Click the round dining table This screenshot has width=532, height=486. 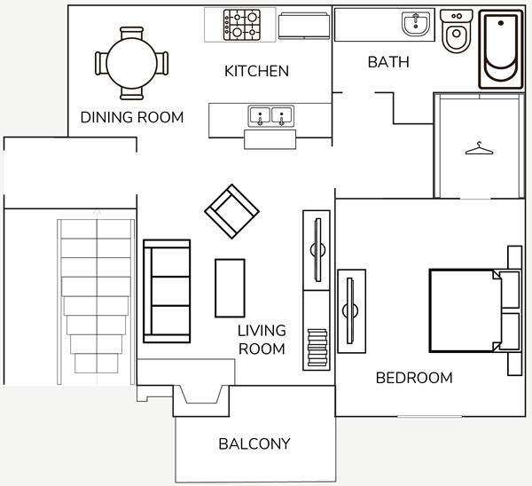pos(131,63)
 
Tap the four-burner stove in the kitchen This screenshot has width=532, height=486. pos(242,25)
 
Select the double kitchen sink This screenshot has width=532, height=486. pos(270,116)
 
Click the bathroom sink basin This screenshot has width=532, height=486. pos(416,24)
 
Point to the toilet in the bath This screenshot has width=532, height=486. pos(457,31)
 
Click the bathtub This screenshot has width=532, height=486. pos(501,50)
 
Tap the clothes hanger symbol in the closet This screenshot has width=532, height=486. pos(479,148)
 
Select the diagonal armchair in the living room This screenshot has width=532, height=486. pos(231,211)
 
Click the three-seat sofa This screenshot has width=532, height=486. pos(167,291)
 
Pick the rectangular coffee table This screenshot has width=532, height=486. pos(230,288)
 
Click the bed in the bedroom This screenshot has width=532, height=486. pos(475,310)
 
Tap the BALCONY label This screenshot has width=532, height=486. pos(254,444)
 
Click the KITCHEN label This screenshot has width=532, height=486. pos(256,71)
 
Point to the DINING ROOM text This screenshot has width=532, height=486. pos(132,117)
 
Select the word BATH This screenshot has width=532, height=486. pos(388,62)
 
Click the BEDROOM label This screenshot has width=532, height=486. pos(414,378)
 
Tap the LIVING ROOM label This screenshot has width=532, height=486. pos(262,340)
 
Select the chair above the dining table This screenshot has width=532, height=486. pos(131,33)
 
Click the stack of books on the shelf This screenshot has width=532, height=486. pos(317,348)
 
